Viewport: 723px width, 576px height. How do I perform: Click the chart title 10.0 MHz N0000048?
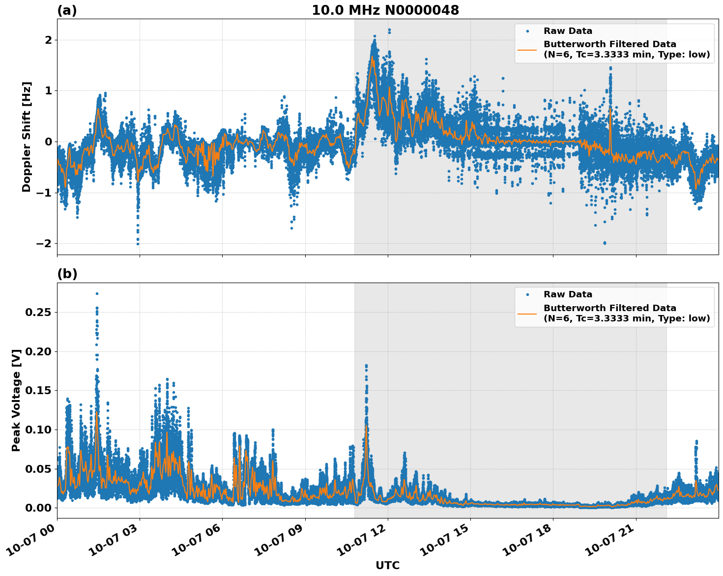coord(385,10)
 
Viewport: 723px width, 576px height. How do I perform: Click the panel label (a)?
coord(67,10)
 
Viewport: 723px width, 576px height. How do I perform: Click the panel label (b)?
coord(67,274)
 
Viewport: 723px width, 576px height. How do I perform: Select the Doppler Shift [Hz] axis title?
coord(27,137)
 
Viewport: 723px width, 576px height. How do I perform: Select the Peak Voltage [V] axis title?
coord(16,400)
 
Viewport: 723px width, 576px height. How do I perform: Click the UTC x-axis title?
coord(387,565)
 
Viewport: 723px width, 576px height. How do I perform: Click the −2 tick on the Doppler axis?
coord(43,244)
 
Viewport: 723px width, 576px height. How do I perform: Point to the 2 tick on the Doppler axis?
coord(48,40)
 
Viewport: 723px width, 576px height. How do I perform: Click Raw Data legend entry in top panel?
coord(568,31)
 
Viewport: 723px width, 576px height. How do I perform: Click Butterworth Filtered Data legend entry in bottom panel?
coord(626,313)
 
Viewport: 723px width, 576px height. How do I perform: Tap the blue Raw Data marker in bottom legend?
coord(527,295)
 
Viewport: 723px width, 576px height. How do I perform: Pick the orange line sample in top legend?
coord(527,50)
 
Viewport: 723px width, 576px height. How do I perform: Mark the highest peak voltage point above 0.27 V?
coord(97,293)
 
